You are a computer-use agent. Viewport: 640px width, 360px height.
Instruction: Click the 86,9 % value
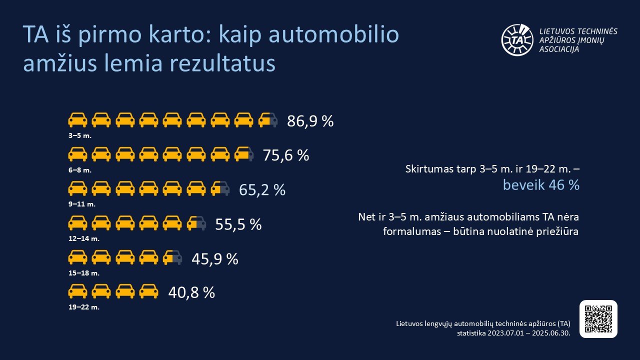pyautogui.click(x=310, y=121)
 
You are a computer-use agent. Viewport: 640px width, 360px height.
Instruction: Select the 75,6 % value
pyautogui.click(x=286, y=155)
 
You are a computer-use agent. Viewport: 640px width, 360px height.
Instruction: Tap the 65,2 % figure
pyautogui.click(x=262, y=190)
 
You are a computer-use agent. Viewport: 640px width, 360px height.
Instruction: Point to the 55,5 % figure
pyautogui.click(x=238, y=224)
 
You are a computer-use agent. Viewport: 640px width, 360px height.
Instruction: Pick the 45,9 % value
pyautogui.click(x=215, y=259)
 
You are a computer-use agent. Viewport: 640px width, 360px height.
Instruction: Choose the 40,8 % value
pyautogui.click(x=191, y=292)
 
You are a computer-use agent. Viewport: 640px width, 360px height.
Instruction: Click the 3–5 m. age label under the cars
pyautogui.click(x=80, y=135)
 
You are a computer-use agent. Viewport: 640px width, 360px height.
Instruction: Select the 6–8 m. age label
pyautogui.click(x=80, y=170)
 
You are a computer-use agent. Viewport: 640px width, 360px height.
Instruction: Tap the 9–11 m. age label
pyautogui.click(x=81, y=204)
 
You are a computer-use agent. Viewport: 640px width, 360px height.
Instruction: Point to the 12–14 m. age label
pyautogui.click(x=84, y=238)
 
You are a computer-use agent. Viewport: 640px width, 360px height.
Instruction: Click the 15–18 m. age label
pyautogui.click(x=84, y=273)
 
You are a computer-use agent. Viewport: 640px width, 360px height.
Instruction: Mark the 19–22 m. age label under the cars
pyautogui.click(x=84, y=307)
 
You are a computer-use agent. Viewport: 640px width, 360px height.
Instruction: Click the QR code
pyautogui.click(x=598, y=319)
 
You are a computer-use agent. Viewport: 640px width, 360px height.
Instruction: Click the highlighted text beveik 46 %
pyautogui.click(x=541, y=185)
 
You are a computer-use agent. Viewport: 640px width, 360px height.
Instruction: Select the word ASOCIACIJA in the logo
pyautogui.click(x=559, y=49)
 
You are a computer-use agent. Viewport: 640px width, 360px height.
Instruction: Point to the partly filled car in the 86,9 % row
pyautogui.click(x=267, y=120)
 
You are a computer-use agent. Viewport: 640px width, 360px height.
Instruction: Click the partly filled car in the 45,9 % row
pyautogui.click(x=172, y=257)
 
